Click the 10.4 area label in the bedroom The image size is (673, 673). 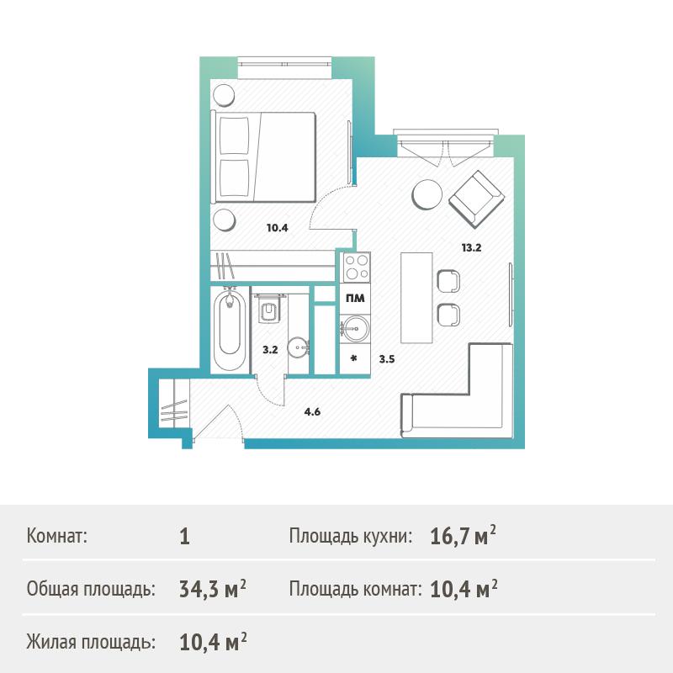tap(278, 228)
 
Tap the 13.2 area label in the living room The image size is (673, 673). tap(471, 247)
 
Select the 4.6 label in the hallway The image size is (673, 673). tap(312, 412)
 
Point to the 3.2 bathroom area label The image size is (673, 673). tap(270, 350)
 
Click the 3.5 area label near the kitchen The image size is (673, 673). tap(387, 359)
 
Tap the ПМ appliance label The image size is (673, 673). tap(355, 299)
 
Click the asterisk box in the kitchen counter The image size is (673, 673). tap(354, 359)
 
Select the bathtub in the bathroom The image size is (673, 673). tap(230, 329)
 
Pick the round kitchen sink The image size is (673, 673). tap(355, 329)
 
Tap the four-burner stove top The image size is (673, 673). tap(355, 267)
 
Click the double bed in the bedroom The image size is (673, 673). tap(263, 156)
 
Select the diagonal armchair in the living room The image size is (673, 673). tap(476, 199)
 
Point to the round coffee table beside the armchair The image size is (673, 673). tap(427, 194)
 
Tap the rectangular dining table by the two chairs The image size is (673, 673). tap(416, 298)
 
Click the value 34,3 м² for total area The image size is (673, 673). tap(213, 589)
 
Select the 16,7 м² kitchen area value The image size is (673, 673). tap(463, 536)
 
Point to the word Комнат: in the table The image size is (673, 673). tap(57, 536)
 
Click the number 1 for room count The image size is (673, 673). tap(184, 537)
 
